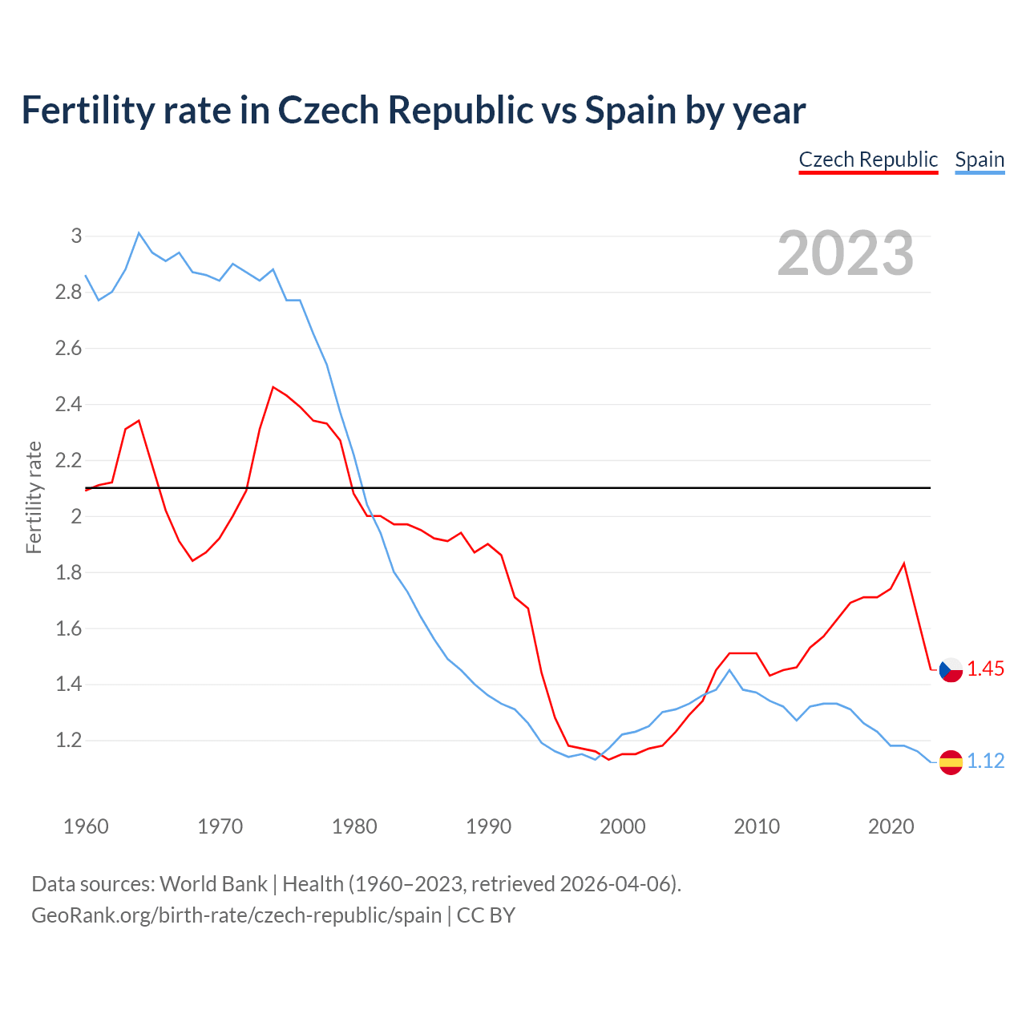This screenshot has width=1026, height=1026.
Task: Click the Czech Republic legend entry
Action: pyautogui.click(x=868, y=160)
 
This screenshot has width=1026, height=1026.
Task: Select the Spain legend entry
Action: pyautogui.click(x=980, y=160)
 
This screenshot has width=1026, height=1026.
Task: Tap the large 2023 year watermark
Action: pyautogui.click(x=846, y=253)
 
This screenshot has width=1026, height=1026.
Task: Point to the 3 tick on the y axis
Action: pyautogui.click(x=76, y=236)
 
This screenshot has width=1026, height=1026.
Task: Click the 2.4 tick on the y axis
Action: pyautogui.click(x=69, y=404)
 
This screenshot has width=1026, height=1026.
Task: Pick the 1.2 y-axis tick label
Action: pyautogui.click(x=69, y=740)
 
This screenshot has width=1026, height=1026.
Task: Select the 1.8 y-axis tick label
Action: pyautogui.click(x=69, y=572)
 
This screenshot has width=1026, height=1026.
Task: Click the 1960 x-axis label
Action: pyautogui.click(x=86, y=826)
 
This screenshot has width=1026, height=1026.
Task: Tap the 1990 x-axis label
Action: pyautogui.click(x=488, y=826)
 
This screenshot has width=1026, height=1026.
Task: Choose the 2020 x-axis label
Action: pyautogui.click(x=891, y=826)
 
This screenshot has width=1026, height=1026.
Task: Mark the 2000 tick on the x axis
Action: pyautogui.click(x=622, y=826)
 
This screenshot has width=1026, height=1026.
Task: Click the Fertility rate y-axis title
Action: pyautogui.click(x=34, y=497)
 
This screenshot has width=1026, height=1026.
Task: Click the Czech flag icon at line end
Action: pyautogui.click(x=951, y=669)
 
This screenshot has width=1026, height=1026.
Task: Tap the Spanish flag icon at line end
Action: pyautogui.click(x=951, y=761)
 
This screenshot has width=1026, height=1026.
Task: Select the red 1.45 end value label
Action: pyautogui.click(x=985, y=669)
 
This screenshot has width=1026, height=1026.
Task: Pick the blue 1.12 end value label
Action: pyautogui.click(x=985, y=761)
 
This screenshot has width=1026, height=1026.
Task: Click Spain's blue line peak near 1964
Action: pyautogui.click(x=139, y=233)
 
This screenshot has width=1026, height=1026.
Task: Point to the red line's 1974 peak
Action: pyautogui.click(x=273, y=387)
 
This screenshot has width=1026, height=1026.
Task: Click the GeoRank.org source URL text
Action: pyautogui.click(x=236, y=915)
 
